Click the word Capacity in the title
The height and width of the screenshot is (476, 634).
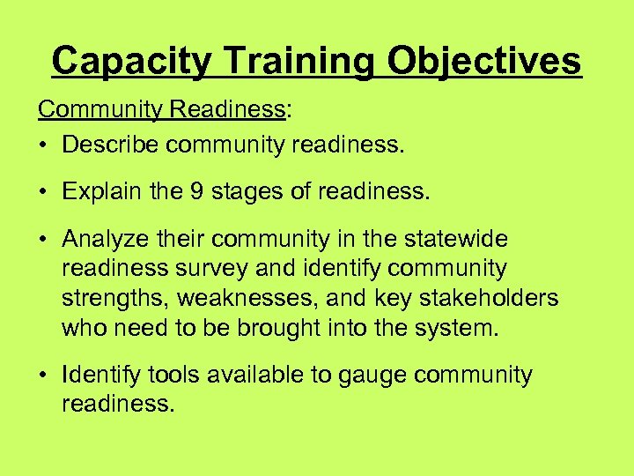coord(131,62)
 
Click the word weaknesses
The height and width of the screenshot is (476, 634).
coord(269,298)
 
